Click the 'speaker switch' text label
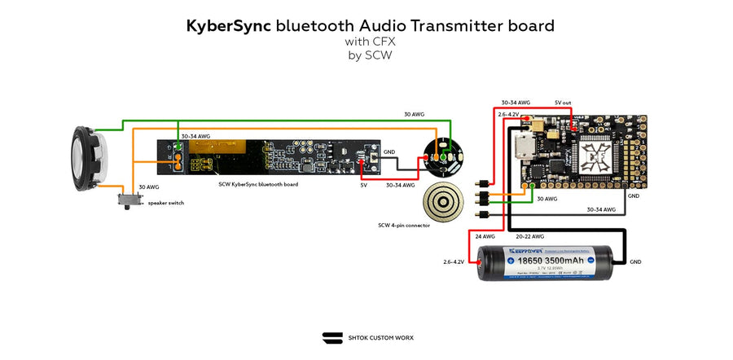click(x=165, y=203)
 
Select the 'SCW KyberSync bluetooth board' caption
click(x=258, y=185)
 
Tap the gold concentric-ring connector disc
click(x=444, y=200)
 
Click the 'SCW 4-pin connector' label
click(x=406, y=226)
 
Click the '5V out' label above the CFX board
click(x=564, y=103)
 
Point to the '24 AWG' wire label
click(x=485, y=236)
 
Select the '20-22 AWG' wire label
click(x=529, y=236)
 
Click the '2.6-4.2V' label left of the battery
click(x=454, y=262)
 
